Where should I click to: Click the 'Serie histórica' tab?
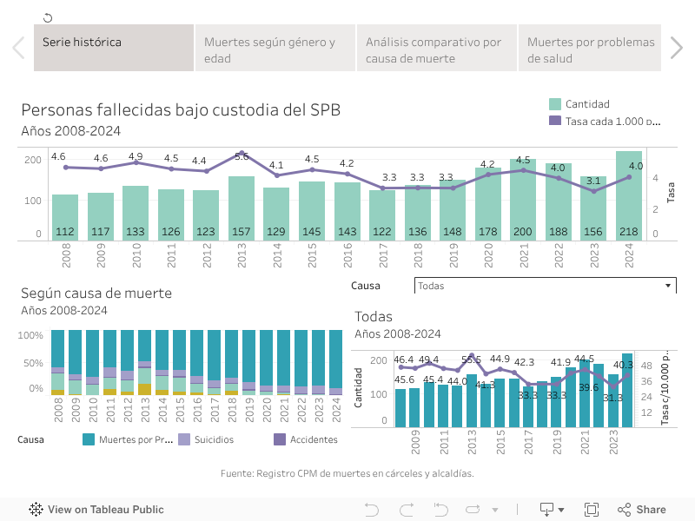[x=113, y=48]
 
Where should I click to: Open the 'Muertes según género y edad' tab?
[x=275, y=49]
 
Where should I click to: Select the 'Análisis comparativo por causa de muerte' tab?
[x=436, y=49]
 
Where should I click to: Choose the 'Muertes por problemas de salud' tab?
[x=591, y=49]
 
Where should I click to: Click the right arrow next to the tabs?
[x=677, y=48]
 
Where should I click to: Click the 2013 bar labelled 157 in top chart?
[x=242, y=208]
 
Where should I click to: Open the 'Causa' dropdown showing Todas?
[x=545, y=286]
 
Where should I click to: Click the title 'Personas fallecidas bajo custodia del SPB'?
[x=181, y=109]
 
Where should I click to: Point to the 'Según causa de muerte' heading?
[x=96, y=293]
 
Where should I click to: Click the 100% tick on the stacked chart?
[x=30, y=335]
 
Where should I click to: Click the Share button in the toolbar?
[x=642, y=510]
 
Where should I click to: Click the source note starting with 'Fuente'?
[x=347, y=473]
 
